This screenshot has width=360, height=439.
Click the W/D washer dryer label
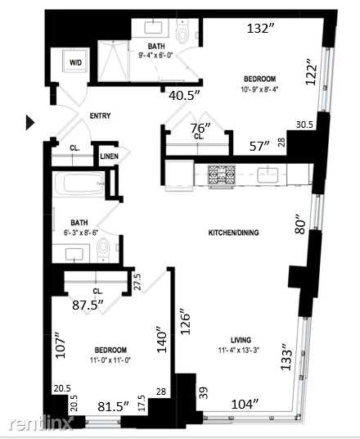click(x=75, y=62)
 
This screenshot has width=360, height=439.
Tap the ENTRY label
click(x=100, y=115)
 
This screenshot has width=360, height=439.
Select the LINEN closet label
click(x=109, y=156)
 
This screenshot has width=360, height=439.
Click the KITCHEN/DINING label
click(x=233, y=233)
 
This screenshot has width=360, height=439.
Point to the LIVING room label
click(x=241, y=340)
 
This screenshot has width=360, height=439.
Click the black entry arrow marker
click(x=30, y=122)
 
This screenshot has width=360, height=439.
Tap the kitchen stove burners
click(x=221, y=174)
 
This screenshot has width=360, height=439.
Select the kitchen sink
click(x=268, y=174)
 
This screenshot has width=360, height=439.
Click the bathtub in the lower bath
click(x=79, y=183)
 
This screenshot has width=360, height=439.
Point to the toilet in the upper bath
click(x=182, y=31)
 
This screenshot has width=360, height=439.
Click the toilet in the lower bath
click(x=103, y=250)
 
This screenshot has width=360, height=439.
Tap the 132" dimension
click(x=261, y=29)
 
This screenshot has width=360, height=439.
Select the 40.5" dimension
click(x=184, y=96)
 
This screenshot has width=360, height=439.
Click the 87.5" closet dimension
click(x=88, y=305)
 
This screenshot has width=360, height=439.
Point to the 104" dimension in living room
click(x=245, y=404)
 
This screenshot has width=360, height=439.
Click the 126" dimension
click(x=185, y=322)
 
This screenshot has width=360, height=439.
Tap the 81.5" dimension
click(x=113, y=406)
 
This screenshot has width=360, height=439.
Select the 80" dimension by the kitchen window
click(x=299, y=224)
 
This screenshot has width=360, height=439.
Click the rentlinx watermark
click(x=41, y=423)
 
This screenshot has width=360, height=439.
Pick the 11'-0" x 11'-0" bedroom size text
click(x=110, y=360)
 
